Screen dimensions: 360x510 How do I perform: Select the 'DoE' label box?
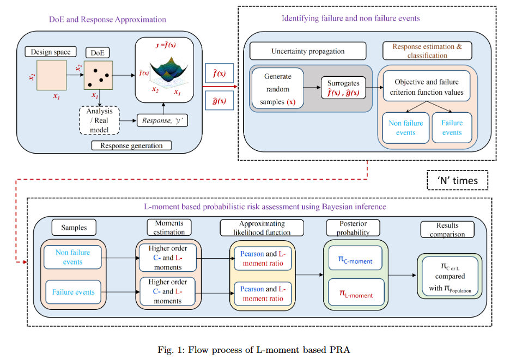[97, 53]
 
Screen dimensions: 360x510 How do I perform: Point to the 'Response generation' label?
[131, 145]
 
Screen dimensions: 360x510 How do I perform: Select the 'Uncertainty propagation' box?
[308, 52]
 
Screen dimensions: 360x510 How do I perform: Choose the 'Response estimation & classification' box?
[427, 51]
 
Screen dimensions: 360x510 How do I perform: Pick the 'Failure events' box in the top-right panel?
[452, 128]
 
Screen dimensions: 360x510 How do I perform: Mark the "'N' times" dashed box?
[457, 180]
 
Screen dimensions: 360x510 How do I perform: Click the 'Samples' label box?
[74, 228]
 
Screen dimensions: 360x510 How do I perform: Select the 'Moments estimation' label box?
[169, 228]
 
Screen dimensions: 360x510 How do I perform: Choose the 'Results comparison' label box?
[447, 229]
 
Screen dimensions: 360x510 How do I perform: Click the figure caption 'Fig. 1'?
[255, 349]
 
